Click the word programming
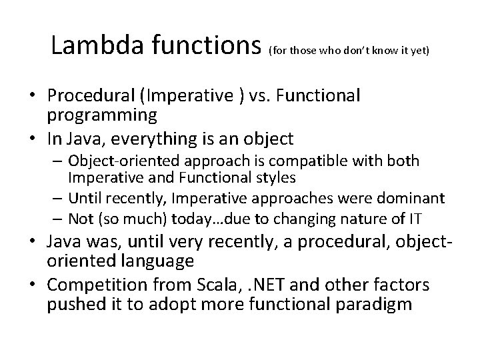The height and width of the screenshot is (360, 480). click(102, 115)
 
